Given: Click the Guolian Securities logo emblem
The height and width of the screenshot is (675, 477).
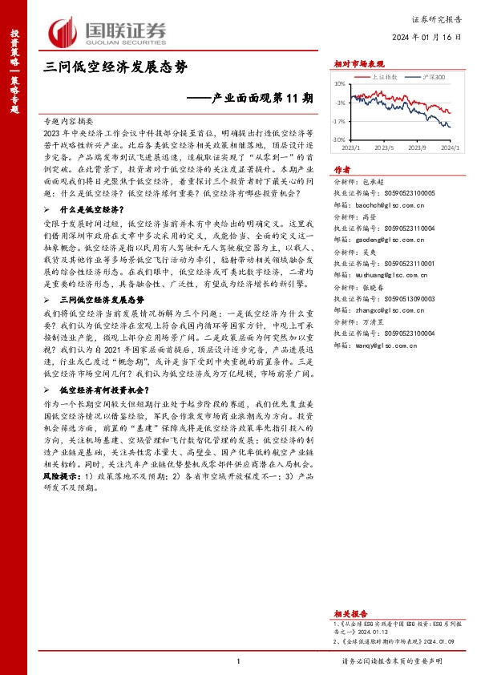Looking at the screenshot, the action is (63, 30).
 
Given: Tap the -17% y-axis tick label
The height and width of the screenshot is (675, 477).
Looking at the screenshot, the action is (339, 122).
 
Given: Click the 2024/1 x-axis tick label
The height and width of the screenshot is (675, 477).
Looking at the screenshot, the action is (451, 148).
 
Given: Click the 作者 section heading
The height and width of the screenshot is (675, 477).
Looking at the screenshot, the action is (342, 170).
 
